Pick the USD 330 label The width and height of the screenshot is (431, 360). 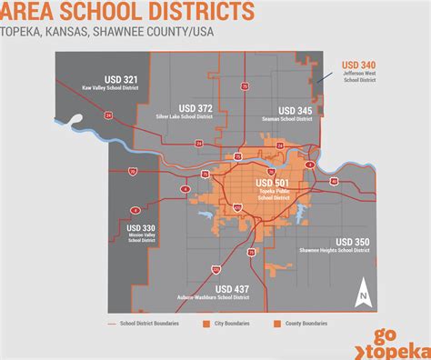coord(141,227)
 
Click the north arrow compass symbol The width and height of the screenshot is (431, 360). coord(362,293)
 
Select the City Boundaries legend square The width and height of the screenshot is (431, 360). coord(208,324)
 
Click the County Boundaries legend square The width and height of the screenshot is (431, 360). coord(277,324)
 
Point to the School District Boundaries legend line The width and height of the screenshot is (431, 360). coord(115,324)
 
